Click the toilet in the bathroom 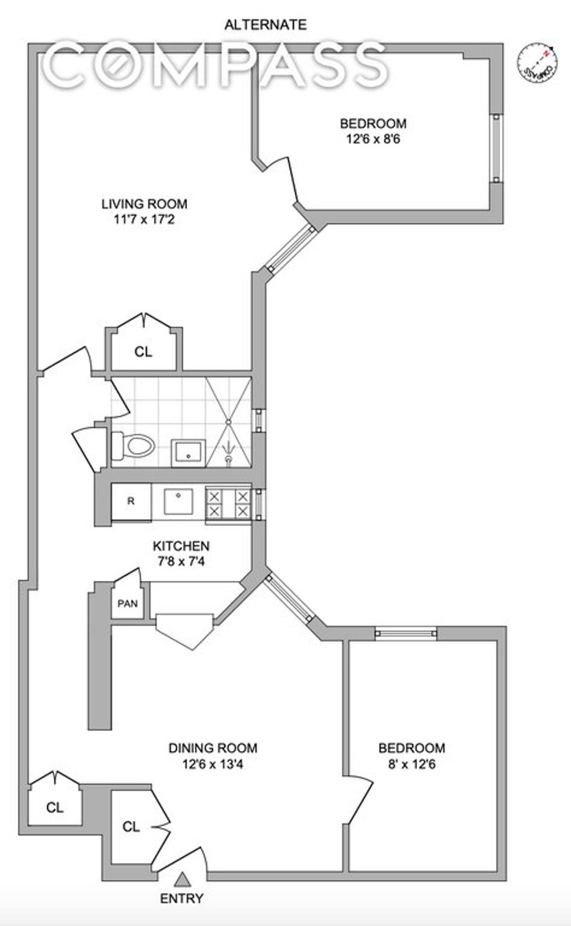(133, 446)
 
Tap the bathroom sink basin (188, 453)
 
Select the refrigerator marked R (131, 501)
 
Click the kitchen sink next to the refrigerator (178, 502)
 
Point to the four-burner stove (228, 504)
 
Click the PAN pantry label (128, 604)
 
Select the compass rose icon (537, 64)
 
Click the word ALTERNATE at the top (266, 25)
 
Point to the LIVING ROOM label (144, 204)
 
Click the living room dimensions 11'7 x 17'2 (144, 219)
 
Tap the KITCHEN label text (181, 546)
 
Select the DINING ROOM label (213, 748)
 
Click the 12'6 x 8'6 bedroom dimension (373, 139)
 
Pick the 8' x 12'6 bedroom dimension (412, 764)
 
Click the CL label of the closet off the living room (143, 352)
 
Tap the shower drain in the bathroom (228, 422)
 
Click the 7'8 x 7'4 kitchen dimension (181, 562)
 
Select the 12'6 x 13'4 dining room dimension (213, 764)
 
